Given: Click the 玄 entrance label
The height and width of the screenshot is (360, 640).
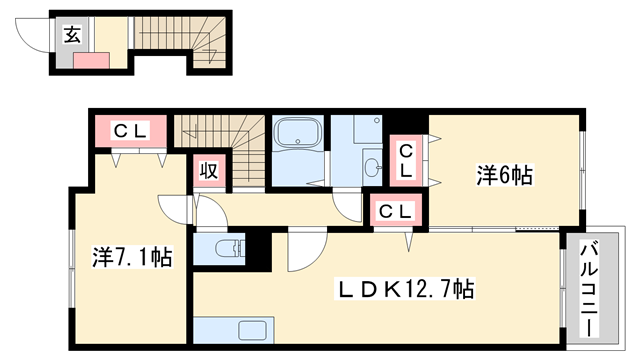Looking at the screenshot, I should (73, 35).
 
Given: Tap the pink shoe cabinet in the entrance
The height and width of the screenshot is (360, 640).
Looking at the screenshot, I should (90, 59).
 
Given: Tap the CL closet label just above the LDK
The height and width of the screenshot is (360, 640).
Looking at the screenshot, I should (396, 211).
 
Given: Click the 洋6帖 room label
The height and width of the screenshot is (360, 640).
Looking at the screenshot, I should (502, 176).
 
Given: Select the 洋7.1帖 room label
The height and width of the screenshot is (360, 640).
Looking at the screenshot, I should (130, 257).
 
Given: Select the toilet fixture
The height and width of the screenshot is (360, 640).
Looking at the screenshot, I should (228, 248).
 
